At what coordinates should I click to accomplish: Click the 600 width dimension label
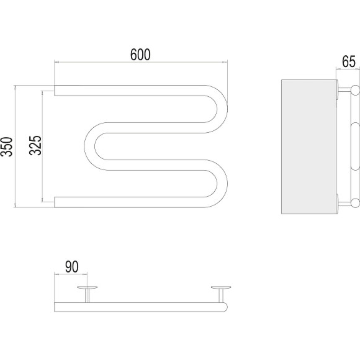pos(140,55)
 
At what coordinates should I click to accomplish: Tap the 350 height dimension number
pos(6,146)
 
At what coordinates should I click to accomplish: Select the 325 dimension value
pos(35,146)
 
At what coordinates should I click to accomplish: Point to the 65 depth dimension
pos(349,61)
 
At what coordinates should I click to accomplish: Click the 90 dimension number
pos(71,266)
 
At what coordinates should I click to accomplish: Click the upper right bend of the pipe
pos(222,109)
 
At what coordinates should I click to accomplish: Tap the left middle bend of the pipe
pos(90,146)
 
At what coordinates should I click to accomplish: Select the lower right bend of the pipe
pos(222,184)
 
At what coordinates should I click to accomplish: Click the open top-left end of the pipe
pos(55,91)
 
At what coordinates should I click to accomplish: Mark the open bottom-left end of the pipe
pos(55,202)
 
